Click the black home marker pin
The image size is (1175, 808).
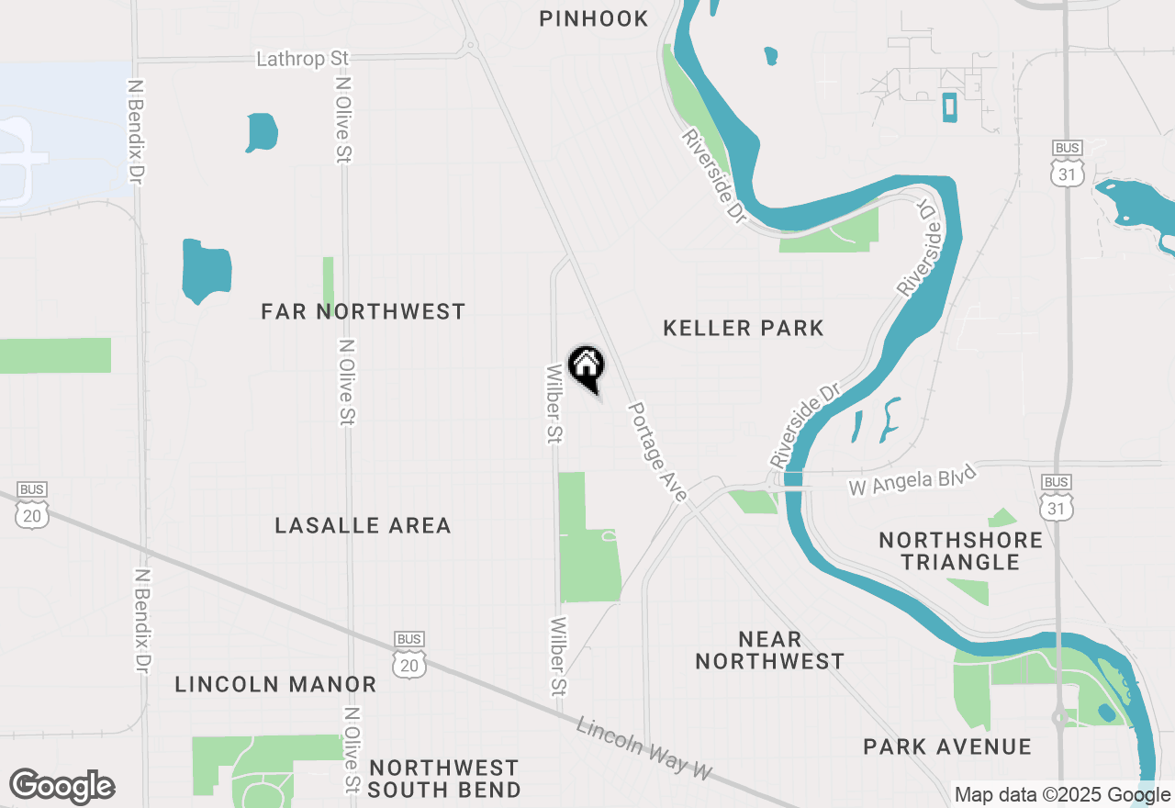pyautogui.click(x=586, y=367)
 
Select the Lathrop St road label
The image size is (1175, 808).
pyautogui.click(x=303, y=59)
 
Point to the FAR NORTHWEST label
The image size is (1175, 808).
pyautogui.click(x=364, y=312)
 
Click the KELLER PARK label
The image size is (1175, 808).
pyautogui.click(x=744, y=328)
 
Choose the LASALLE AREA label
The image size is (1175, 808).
pyautogui.click(x=364, y=525)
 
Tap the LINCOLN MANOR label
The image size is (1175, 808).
pyautogui.click(x=275, y=684)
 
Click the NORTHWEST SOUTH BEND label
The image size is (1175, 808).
pyautogui.click(x=444, y=779)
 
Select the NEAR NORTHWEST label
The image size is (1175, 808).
pyautogui.click(x=769, y=650)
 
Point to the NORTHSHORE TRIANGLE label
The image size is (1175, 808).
pyautogui.click(x=960, y=551)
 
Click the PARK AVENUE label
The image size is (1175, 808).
pyautogui.click(x=947, y=746)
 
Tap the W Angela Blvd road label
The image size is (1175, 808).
pyautogui.click(x=912, y=480)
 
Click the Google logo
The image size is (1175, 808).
pyautogui.click(x=62, y=787)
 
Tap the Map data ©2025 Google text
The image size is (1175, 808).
pyautogui.click(x=1062, y=795)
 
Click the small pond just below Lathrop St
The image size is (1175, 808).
pyautogui.click(x=262, y=132)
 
